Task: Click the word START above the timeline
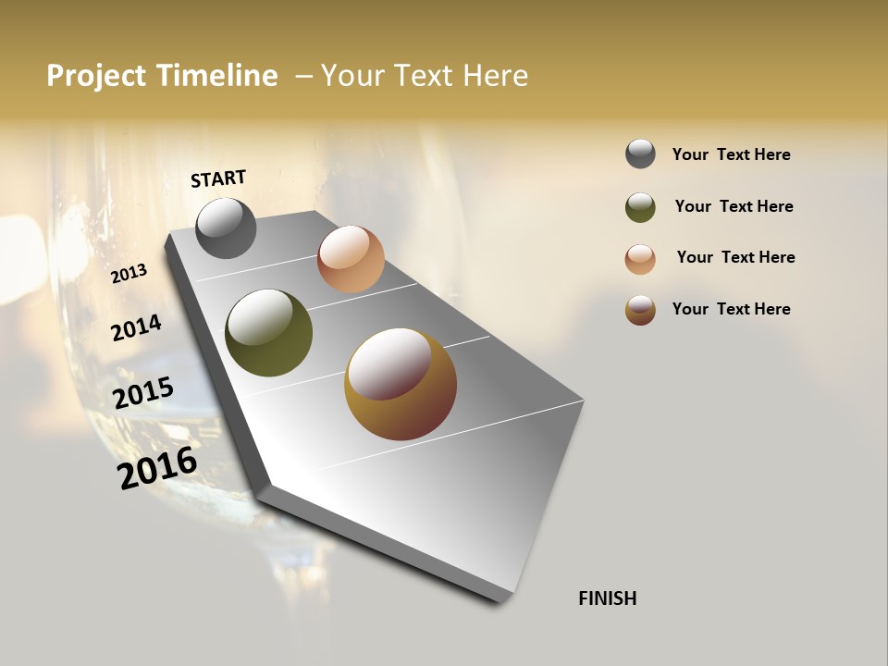[x=218, y=179]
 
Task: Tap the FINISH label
[x=608, y=598]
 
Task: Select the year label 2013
[x=129, y=274]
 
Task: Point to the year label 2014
[x=136, y=327]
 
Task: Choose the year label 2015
[x=143, y=393]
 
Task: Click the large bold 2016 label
[x=157, y=468]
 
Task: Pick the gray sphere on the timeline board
[x=226, y=228]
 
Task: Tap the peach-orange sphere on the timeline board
[x=351, y=259]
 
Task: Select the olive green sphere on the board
[x=268, y=333]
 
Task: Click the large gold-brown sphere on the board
[x=401, y=384]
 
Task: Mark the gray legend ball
[x=640, y=154]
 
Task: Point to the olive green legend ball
[x=640, y=207]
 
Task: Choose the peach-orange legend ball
[x=640, y=259]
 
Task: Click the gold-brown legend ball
[x=640, y=310]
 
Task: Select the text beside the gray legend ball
[x=731, y=154]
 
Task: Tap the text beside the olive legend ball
[x=734, y=206]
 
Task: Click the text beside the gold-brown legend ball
[x=731, y=309]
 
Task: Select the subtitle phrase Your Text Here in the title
[x=425, y=76]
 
